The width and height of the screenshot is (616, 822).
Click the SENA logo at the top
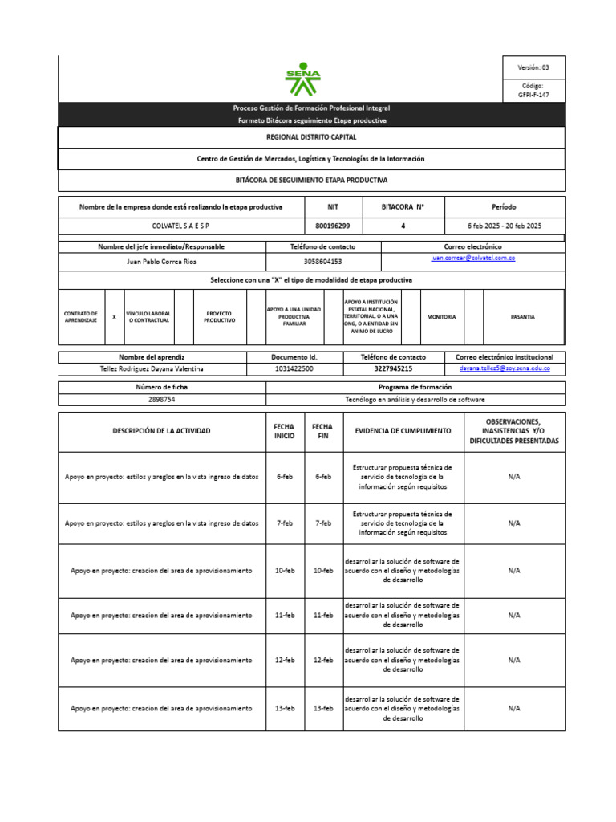pyautogui.click(x=303, y=79)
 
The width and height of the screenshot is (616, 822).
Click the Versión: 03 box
pyautogui.click(x=533, y=67)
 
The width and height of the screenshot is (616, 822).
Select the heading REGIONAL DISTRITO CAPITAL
pyautogui.click(x=311, y=137)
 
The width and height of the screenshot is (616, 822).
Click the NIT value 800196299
pyautogui.click(x=334, y=226)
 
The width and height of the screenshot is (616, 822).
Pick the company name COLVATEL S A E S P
pyautogui.click(x=180, y=226)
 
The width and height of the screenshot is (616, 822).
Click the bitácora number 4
pyautogui.click(x=403, y=226)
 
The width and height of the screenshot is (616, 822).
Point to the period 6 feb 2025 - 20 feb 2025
pyautogui.click(x=505, y=226)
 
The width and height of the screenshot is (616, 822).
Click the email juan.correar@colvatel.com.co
pyautogui.click(x=472, y=258)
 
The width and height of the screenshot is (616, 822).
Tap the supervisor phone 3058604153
pyautogui.click(x=322, y=261)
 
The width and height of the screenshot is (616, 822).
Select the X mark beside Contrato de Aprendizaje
pyautogui.click(x=114, y=317)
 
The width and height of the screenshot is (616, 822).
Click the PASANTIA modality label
pyautogui.click(x=523, y=317)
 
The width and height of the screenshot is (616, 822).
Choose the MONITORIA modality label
pyautogui.click(x=441, y=317)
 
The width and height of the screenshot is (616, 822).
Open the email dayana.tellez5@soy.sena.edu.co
pyautogui.click(x=505, y=368)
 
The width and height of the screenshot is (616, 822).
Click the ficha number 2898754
pyautogui.click(x=161, y=399)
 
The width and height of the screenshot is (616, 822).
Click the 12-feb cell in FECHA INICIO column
pyautogui.click(x=284, y=660)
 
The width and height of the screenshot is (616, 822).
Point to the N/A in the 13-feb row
pyautogui.click(x=514, y=709)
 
